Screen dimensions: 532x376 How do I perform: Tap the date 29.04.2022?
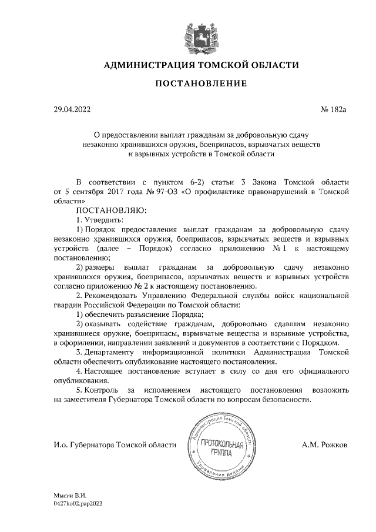pos(72,109)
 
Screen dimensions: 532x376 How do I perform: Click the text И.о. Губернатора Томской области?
pos(115,446)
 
